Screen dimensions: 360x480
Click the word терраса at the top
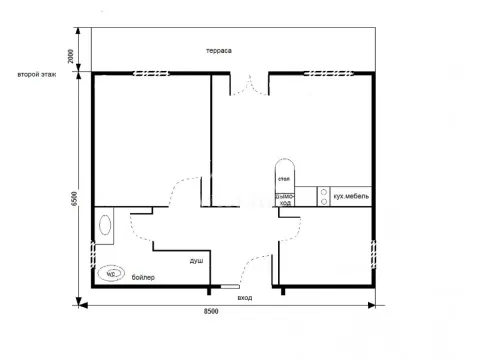[x=220, y=50]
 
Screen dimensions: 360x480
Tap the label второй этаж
[x=36, y=74]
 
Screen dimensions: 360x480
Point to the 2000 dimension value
[x=70, y=57]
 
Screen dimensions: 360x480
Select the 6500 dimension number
[x=73, y=199]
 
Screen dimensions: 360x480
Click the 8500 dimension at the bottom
[x=211, y=314]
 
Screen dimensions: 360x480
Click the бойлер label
[x=143, y=277]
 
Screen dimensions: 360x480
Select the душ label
[x=196, y=261]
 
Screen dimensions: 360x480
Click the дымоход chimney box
[x=284, y=198]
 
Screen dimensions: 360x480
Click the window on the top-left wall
[x=148, y=72]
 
